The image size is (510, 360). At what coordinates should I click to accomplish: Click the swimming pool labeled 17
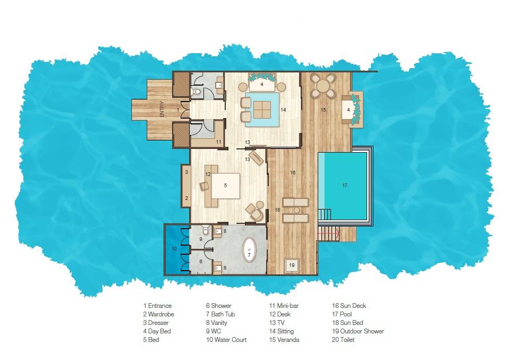(343, 186)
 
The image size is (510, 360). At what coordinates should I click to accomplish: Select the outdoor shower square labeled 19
(292, 264)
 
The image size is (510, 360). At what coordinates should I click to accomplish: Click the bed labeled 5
(225, 186)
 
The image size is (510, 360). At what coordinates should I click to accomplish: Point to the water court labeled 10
(174, 249)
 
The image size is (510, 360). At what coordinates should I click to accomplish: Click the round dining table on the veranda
(323, 85)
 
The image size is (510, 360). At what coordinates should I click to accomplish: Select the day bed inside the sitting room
(261, 84)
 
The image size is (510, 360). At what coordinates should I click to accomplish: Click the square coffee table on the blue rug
(261, 110)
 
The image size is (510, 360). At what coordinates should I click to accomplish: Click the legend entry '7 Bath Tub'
(220, 314)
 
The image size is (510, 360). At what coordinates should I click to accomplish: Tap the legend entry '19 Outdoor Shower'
(358, 331)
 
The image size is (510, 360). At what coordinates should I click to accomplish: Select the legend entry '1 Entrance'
(157, 306)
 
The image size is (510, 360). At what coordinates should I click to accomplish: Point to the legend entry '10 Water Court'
(226, 340)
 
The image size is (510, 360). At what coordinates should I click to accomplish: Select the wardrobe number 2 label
(186, 198)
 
